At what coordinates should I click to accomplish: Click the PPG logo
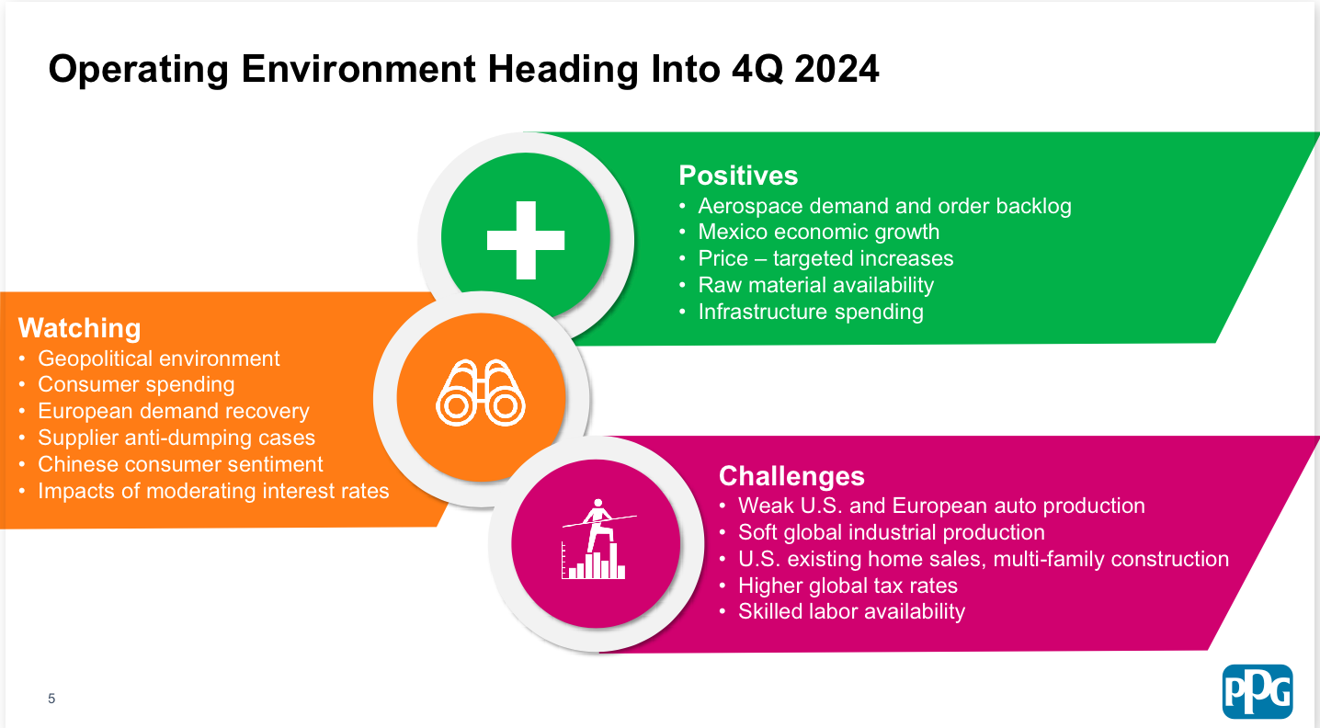(x=1257, y=691)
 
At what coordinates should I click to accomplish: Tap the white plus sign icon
(x=526, y=240)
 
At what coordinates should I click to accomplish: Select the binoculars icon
(x=481, y=392)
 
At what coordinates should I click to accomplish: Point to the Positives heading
(x=738, y=175)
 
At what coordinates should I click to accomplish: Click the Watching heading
(x=80, y=328)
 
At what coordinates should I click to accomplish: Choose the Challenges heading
(x=791, y=476)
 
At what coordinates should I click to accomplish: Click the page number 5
(x=51, y=699)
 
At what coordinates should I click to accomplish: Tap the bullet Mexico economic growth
(x=818, y=232)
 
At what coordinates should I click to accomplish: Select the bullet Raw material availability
(x=816, y=285)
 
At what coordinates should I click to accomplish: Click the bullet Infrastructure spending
(x=811, y=312)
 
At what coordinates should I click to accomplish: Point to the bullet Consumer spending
(x=136, y=384)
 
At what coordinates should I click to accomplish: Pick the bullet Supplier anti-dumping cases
(x=176, y=438)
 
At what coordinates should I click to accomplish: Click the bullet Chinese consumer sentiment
(x=180, y=464)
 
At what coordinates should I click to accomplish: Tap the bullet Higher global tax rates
(x=848, y=586)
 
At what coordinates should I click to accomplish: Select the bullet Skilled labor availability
(x=851, y=611)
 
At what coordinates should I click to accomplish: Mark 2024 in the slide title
(x=836, y=69)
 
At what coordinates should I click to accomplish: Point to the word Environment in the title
(x=358, y=69)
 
